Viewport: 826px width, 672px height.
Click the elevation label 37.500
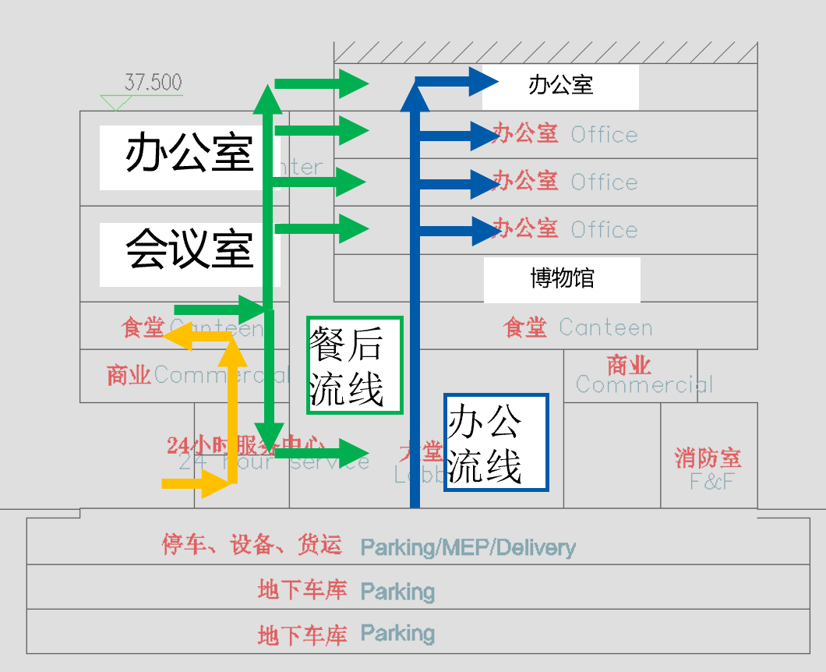coord(153,83)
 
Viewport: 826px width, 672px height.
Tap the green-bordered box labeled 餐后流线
coord(355,365)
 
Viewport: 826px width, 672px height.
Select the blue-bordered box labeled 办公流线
coord(496,442)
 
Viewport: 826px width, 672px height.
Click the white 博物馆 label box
coord(562,279)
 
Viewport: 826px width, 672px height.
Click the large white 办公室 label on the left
coord(189,154)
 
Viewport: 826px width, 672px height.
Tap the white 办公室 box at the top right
coord(560,86)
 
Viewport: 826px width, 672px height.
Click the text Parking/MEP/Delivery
coord(468,547)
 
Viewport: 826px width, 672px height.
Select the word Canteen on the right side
coord(605,327)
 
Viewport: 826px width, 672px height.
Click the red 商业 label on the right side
coord(629,365)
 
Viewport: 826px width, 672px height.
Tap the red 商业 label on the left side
coord(129,375)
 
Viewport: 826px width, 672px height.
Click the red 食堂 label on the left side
coord(143,327)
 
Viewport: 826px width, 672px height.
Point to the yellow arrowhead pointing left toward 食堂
coord(177,335)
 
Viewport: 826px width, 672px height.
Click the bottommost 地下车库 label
coord(302,635)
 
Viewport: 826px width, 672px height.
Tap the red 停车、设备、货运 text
coord(252,545)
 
